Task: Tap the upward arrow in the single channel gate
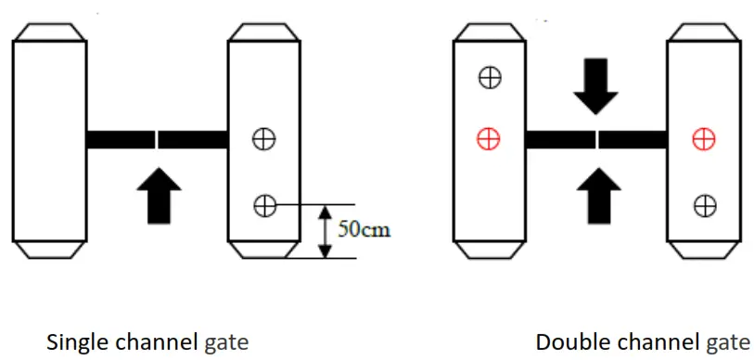(160, 194)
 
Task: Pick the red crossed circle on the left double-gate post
(488, 139)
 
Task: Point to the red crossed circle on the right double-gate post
(704, 139)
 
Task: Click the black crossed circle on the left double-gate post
(488, 77)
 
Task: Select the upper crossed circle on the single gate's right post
(265, 139)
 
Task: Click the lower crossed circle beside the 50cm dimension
(265, 204)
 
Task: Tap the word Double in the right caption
(563, 342)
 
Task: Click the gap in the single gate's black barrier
(157, 139)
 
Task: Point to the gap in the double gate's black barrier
(596, 139)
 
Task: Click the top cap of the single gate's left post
(49, 32)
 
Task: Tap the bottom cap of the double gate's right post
(704, 250)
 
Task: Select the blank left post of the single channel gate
(49, 139)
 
